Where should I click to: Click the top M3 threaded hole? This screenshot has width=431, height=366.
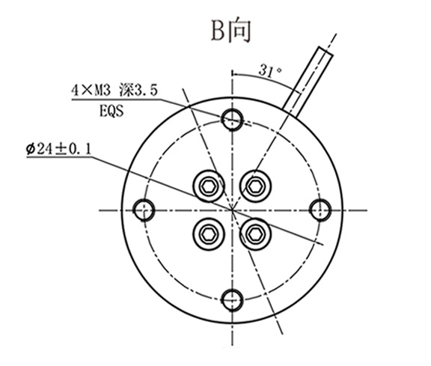(233, 118)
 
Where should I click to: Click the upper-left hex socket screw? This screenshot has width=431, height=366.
(209, 184)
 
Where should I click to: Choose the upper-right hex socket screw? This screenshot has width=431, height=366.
(257, 184)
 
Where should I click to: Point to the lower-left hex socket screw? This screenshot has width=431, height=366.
(209, 234)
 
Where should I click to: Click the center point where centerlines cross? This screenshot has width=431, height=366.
(233, 209)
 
